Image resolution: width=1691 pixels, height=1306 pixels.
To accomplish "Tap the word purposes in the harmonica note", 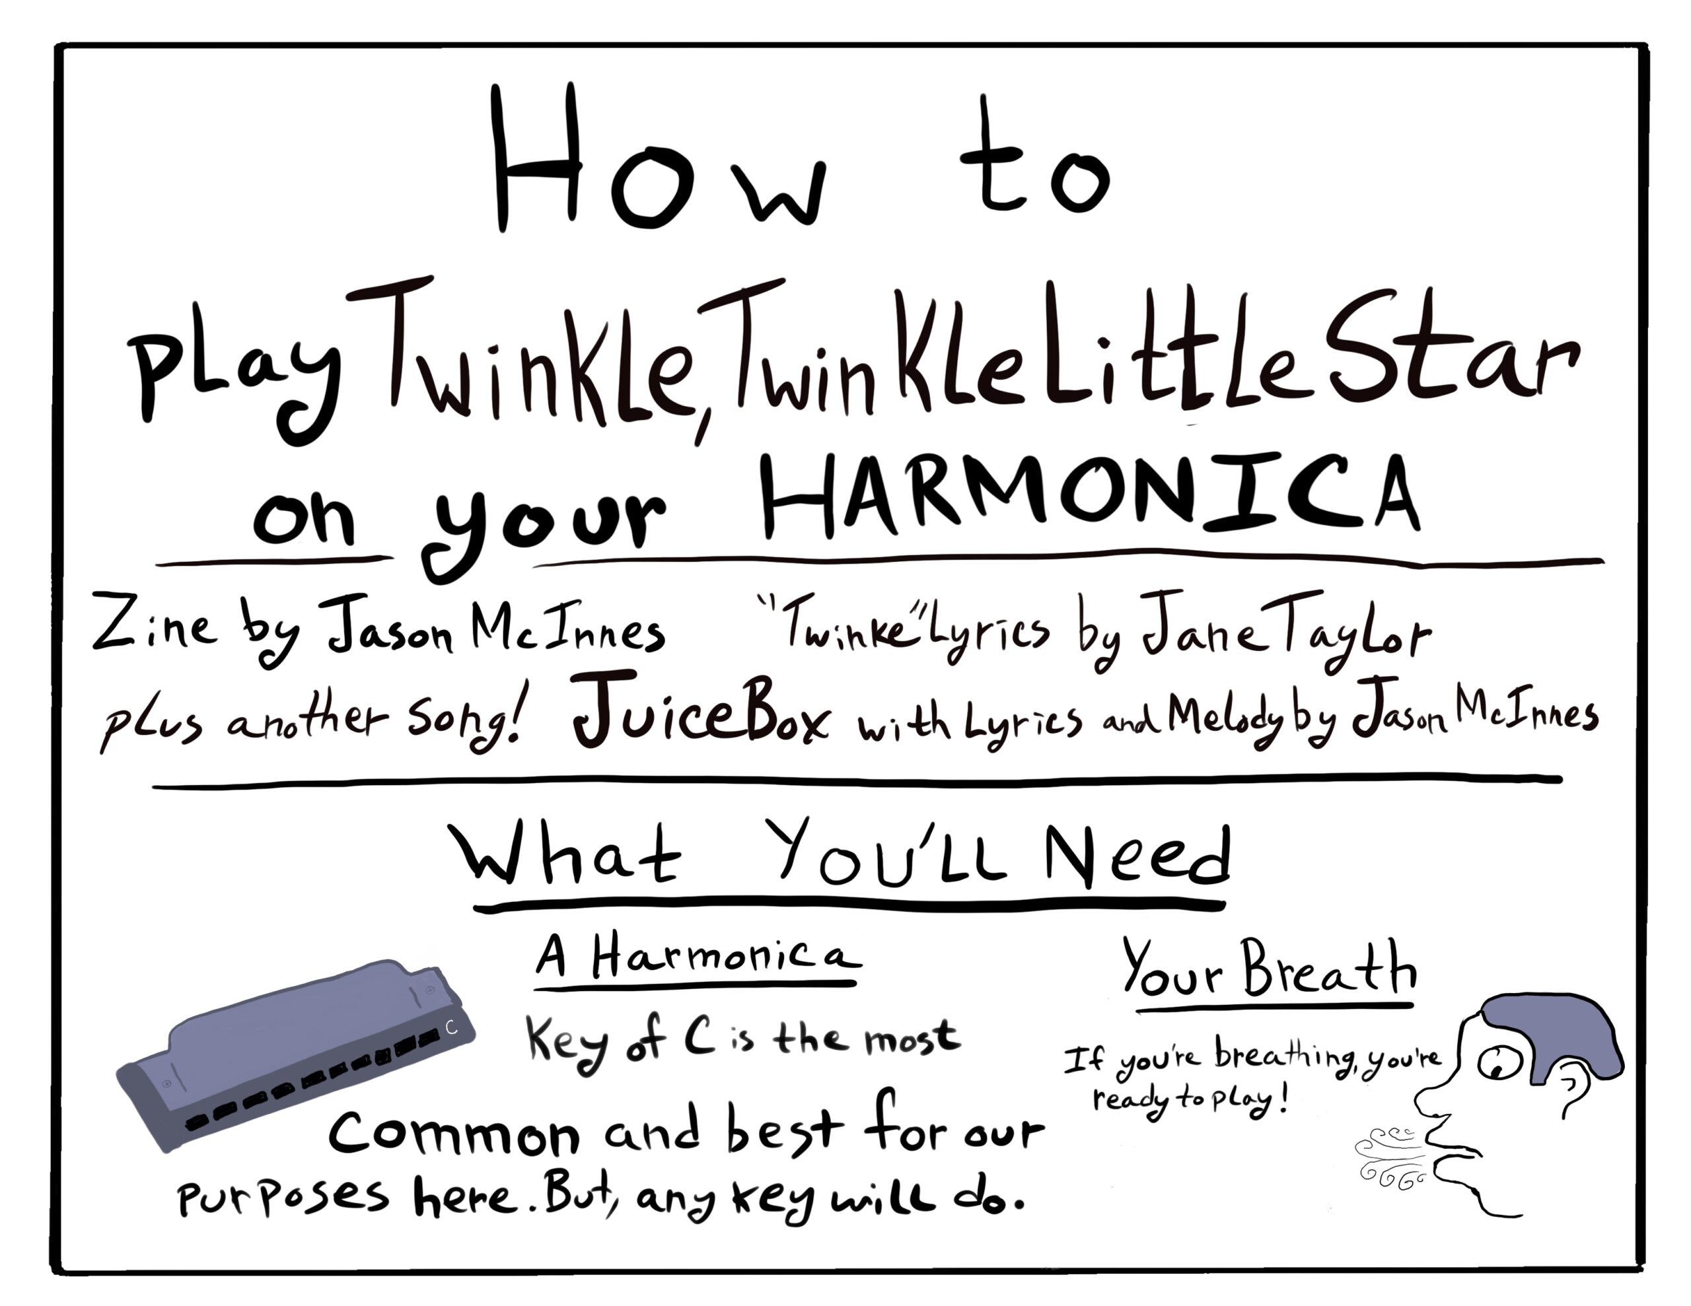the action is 283,1197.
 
